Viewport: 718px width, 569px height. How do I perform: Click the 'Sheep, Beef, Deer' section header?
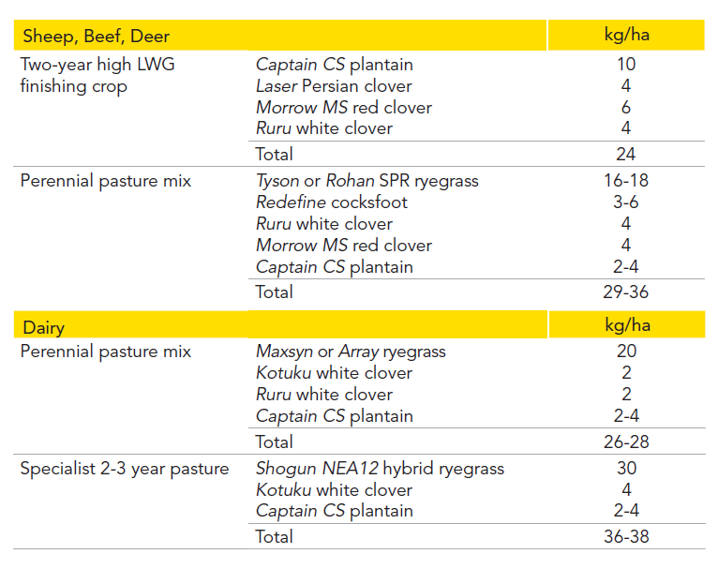point(97,37)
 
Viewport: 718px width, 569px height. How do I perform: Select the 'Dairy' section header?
point(44,328)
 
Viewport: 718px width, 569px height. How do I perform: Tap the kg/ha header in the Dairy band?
point(627,325)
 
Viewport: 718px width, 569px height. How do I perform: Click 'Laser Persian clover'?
point(334,86)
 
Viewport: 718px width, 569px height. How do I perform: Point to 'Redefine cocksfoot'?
point(332,202)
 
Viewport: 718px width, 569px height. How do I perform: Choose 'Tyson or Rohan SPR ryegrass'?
point(367,181)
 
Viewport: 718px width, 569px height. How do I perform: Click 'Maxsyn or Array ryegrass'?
point(351,352)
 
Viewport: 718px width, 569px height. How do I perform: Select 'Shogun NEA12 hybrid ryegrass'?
point(380,469)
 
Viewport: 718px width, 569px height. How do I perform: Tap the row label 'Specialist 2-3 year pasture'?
point(125,469)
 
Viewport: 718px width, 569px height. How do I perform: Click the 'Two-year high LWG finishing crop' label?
point(97,76)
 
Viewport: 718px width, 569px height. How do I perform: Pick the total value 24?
point(625,155)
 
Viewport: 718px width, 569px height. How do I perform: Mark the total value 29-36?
point(625,292)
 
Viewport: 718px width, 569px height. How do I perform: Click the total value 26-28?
point(626,442)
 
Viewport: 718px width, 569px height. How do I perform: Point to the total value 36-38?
point(626,536)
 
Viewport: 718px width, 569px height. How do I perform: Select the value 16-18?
point(626,180)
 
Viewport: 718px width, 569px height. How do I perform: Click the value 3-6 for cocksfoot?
point(626,202)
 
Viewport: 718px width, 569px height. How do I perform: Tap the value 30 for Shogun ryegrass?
point(626,468)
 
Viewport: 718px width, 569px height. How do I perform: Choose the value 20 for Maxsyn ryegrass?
point(626,352)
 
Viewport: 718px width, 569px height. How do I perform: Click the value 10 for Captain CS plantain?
point(626,64)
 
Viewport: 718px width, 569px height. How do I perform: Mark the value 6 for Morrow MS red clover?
point(626,107)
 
